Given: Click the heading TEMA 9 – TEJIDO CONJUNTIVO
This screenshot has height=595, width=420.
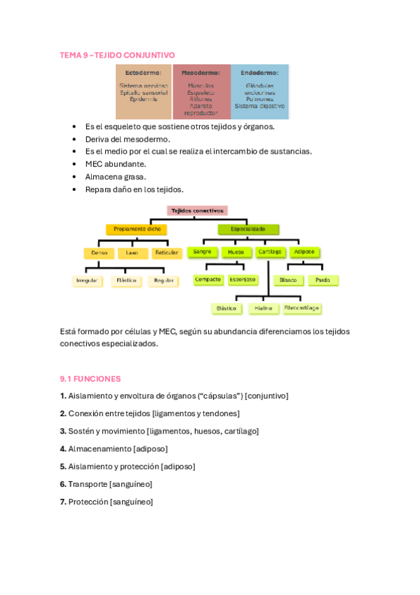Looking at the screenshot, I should (x=117, y=55).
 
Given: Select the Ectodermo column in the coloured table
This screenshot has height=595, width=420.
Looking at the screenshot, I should (x=143, y=91).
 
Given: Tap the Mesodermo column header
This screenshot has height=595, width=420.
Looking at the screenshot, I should (x=201, y=72).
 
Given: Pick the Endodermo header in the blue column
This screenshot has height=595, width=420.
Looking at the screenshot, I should (x=259, y=72).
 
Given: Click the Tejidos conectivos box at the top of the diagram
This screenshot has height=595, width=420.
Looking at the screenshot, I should (x=197, y=210).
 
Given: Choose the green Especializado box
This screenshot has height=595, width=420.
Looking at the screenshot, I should (x=248, y=229).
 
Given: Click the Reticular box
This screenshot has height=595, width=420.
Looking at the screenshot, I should (x=166, y=253).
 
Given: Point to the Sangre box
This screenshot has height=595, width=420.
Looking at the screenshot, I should (x=202, y=251).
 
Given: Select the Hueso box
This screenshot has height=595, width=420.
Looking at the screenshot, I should (x=236, y=251).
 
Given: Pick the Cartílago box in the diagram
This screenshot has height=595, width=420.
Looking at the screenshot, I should (x=270, y=251).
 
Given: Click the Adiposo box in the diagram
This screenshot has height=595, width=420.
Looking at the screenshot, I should (x=304, y=251).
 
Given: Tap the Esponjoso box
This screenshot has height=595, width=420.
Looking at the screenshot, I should (x=243, y=279).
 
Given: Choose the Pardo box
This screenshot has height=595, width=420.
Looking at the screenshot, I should (x=323, y=280).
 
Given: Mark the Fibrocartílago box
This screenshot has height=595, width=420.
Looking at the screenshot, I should (x=302, y=308).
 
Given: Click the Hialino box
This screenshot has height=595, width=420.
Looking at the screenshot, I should (x=264, y=308).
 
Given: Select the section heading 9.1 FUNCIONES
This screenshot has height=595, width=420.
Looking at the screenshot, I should (x=90, y=378).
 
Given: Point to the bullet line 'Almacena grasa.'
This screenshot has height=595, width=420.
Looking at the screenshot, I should (x=116, y=177).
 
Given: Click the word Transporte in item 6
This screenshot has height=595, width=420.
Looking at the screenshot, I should (x=88, y=484).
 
